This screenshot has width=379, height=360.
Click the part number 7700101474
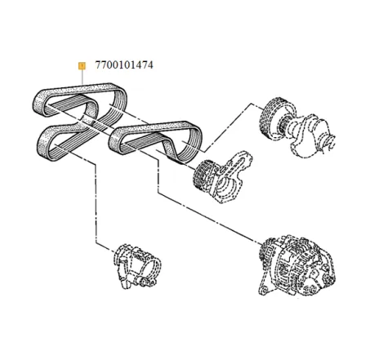119,64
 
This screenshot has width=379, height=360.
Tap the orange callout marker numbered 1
80,64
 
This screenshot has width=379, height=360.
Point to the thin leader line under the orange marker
80,78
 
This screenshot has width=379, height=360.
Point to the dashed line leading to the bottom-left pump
98,204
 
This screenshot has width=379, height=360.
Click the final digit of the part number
149,64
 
